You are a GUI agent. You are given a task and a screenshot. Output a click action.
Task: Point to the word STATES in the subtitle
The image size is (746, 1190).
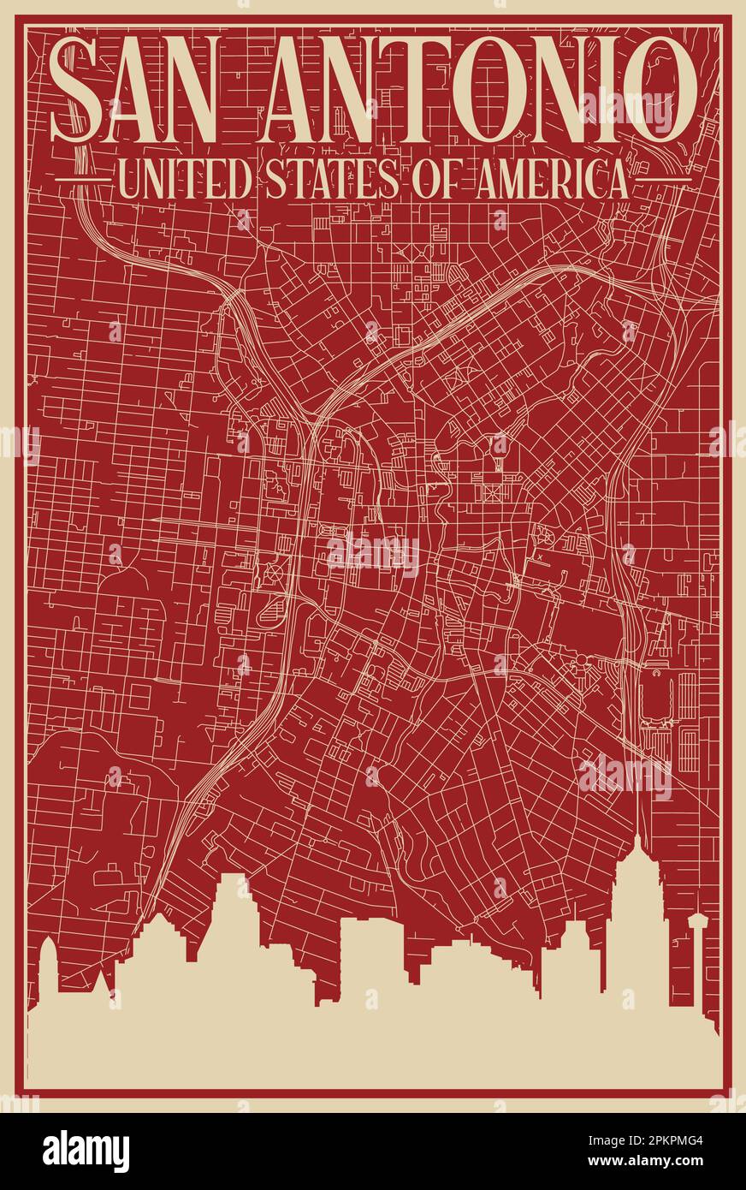(x=333, y=181)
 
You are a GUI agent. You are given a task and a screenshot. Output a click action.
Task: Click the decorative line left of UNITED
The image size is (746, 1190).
(x=82, y=181)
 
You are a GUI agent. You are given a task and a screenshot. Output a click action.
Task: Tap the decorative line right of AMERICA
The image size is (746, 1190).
(x=662, y=181)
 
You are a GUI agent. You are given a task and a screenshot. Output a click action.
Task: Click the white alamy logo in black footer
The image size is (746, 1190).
(x=86, y=1151)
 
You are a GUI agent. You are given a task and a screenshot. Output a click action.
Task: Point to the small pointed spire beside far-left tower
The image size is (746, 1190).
(x=103, y=980)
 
